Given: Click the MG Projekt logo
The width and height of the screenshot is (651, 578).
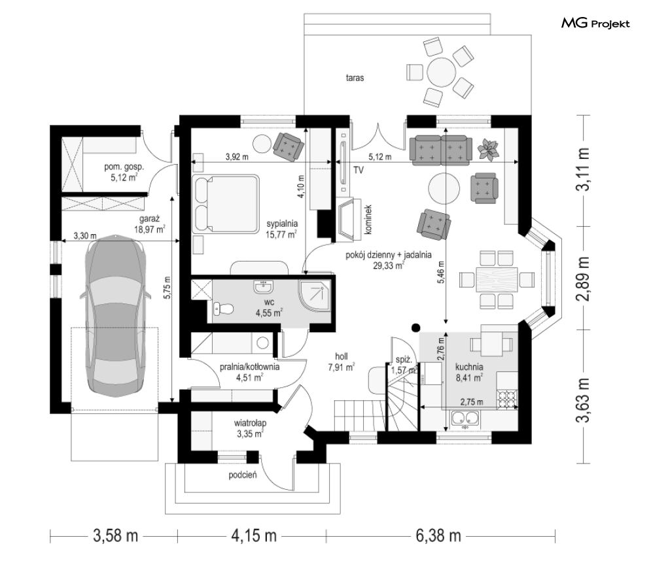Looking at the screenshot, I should pos(595,24).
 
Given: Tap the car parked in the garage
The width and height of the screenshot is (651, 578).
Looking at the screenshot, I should pos(114,317).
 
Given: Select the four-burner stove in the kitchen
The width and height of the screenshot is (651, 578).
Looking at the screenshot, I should pos(508,396).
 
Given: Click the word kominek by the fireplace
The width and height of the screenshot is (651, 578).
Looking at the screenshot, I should pos(369,220).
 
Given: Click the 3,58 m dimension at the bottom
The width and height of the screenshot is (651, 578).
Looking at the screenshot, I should pos(116,537).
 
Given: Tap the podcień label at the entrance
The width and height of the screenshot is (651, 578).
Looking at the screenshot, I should pos(243,475).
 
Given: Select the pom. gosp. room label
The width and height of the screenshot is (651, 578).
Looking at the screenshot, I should pos(124,167).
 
